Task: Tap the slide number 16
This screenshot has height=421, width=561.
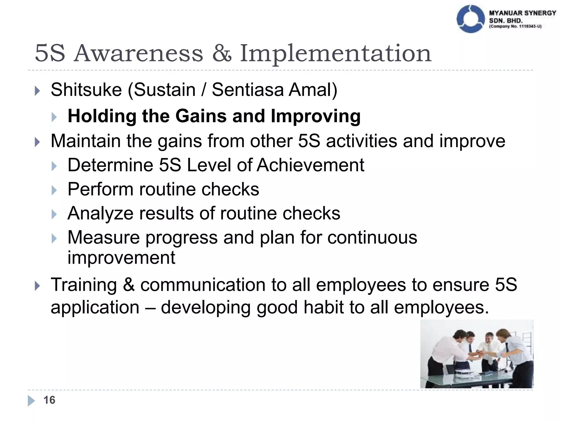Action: pyautogui.click(x=49, y=400)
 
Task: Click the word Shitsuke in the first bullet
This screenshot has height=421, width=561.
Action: pyautogui.click(x=86, y=90)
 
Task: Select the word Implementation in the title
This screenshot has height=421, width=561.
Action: pyautogui.click(x=336, y=53)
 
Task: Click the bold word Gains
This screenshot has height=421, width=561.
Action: pyautogui.click(x=201, y=116)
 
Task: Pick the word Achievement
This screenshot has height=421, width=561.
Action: pyautogui.click(x=311, y=165)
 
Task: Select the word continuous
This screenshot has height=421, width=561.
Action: pyautogui.click(x=372, y=237)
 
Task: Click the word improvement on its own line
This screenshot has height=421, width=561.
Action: pyautogui.click(x=121, y=258)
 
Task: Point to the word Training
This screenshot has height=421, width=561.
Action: pyautogui.click(x=84, y=285)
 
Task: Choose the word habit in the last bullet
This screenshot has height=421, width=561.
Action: pyautogui.click(x=324, y=308)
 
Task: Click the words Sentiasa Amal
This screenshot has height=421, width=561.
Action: pyautogui.click(x=274, y=90)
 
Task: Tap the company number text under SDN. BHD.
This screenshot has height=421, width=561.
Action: pyautogui.click(x=515, y=27)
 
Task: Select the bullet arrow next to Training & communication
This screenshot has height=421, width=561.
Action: pyautogui.click(x=38, y=286)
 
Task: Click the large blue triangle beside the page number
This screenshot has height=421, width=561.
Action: pyautogui.click(x=31, y=401)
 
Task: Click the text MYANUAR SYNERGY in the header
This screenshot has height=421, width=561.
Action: pyautogui.click(x=522, y=13)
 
